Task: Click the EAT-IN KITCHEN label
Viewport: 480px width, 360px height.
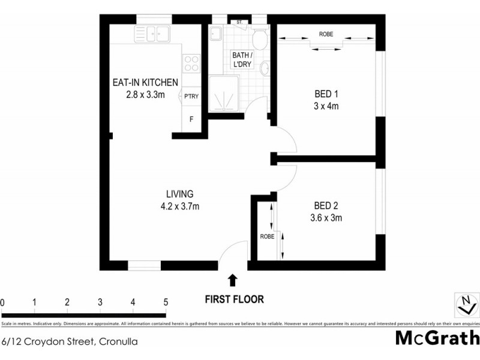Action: tap(145, 83)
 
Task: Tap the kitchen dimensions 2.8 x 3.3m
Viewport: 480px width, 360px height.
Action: tap(145, 95)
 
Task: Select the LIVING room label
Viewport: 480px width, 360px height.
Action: tap(179, 194)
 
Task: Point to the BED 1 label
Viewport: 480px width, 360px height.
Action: tap(327, 94)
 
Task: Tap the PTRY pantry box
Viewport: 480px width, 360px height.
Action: tap(191, 96)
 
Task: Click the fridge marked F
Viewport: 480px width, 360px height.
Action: tap(191, 119)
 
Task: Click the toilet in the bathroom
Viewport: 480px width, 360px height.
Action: tap(259, 40)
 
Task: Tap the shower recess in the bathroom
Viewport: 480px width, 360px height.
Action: tap(226, 94)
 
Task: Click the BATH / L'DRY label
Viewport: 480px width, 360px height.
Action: tap(242, 60)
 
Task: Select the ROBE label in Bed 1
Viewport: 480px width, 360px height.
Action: tap(326, 34)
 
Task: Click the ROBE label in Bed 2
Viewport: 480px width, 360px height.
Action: tap(268, 237)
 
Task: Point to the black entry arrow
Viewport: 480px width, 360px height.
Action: tap(233, 280)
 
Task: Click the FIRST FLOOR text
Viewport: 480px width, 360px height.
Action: tap(234, 298)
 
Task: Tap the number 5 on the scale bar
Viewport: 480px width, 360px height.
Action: tap(165, 302)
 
